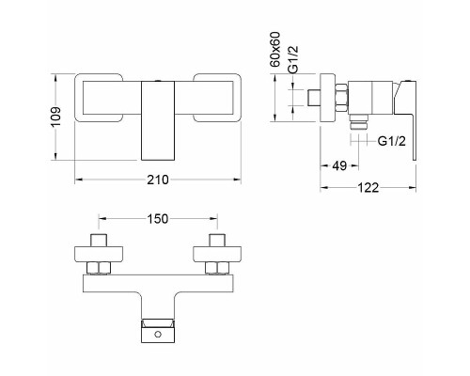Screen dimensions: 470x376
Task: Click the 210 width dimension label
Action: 158,180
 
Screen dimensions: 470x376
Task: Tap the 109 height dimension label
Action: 56,117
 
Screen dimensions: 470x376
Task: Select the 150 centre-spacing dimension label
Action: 158,219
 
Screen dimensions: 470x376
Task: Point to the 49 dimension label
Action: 339,165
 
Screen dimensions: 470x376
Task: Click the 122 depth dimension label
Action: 368,188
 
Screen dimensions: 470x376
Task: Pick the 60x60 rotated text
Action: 275,49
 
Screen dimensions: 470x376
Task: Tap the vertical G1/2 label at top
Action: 293,59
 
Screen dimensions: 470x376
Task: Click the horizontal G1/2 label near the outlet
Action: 392,141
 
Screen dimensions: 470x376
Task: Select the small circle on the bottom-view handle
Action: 158,335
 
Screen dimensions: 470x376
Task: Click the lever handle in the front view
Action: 158,120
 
